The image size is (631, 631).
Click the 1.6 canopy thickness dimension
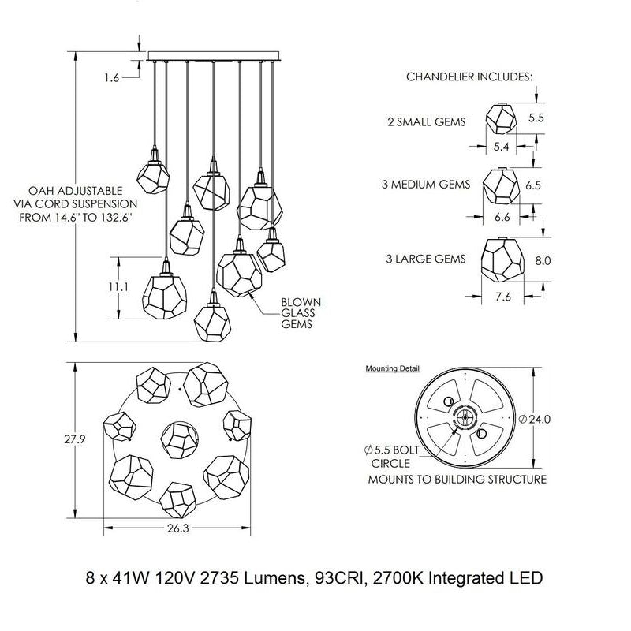(110, 77)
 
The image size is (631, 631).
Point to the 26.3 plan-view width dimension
(177, 530)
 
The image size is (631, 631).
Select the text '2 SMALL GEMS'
(427, 122)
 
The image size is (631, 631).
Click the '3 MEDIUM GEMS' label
(426, 185)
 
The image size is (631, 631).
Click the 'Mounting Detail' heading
(392, 368)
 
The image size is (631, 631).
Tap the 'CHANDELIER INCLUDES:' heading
(469, 77)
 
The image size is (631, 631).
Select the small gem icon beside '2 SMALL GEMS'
(501, 118)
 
